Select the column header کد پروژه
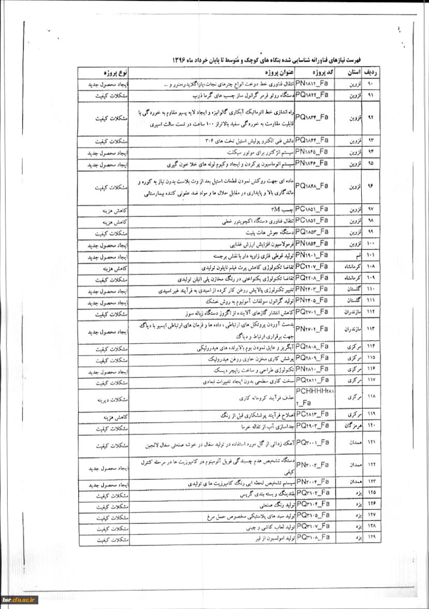point(315,72)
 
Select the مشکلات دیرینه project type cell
point(103,399)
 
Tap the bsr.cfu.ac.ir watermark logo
point(19,599)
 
